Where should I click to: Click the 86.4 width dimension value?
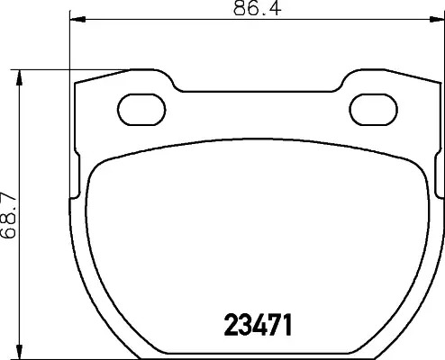pos(258,8)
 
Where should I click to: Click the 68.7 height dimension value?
pos(8,215)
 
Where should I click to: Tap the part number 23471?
pos(258,325)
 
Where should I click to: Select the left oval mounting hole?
pos(141,110)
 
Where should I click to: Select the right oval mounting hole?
pos(374,110)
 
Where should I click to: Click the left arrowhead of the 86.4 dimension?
pos(77,20)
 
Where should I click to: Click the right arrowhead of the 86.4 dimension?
pos(437,20)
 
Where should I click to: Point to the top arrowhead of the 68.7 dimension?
pos(20,77)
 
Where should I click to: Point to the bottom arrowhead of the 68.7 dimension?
pos(20,351)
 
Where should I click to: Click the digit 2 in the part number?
pos(231,325)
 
